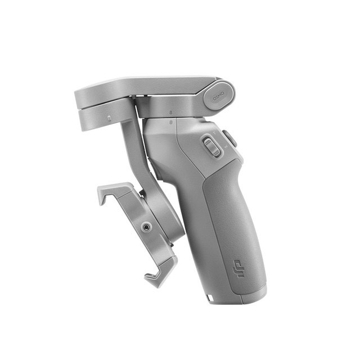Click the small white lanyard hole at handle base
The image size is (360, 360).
point(209,296)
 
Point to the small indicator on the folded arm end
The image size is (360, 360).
point(109,118)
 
